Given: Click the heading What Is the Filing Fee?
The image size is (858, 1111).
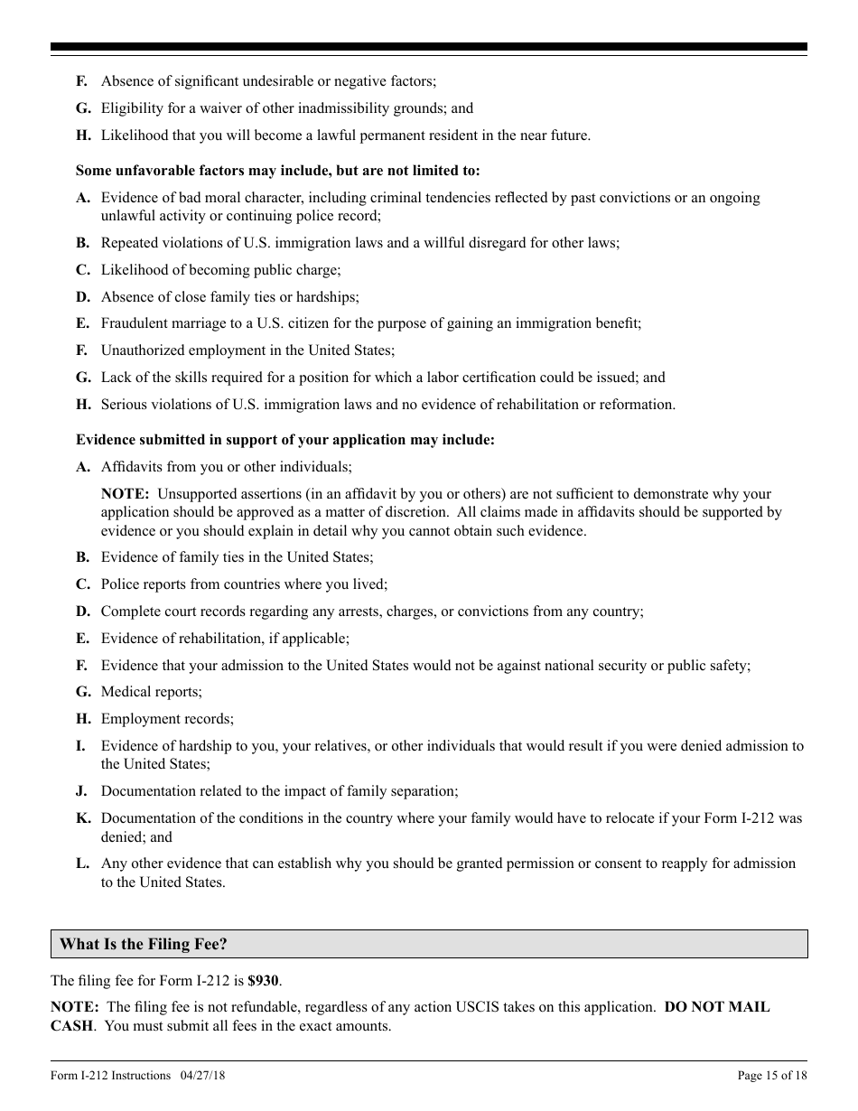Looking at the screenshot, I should pyautogui.click(x=144, y=944).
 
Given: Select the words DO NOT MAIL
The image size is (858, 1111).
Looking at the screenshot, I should pyautogui.click(x=717, y=1006).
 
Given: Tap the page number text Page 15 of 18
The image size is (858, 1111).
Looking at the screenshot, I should pyautogui.click(x=772, y=1075).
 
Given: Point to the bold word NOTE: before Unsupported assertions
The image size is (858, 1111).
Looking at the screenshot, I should pyautogui.click(x=125, y=494).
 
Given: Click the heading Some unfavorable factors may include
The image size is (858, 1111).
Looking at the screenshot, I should pyautogui.click(x=278, y=170).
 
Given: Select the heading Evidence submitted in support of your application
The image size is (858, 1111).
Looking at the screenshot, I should pyautogui.click(x=285, y=440).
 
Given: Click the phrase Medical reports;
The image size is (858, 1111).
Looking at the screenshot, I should pyautogui.click(x=152, y=692).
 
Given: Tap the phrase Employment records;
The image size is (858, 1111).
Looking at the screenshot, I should pyautogui.click(x=167, y=719).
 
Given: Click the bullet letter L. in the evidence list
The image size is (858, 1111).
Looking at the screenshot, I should pyautogui.click(x=82, y=864).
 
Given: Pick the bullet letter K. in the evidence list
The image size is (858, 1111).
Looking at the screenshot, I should pyautogui.click(x=83, y=818).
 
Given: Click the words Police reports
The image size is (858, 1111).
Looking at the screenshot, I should pyautogui.click(x=143, y=584).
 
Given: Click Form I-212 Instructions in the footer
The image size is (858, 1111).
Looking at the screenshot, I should pyautogui.click(x=110, y=1075).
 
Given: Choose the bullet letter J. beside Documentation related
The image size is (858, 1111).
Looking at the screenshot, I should pyautogui.click(x=81, y=791).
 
